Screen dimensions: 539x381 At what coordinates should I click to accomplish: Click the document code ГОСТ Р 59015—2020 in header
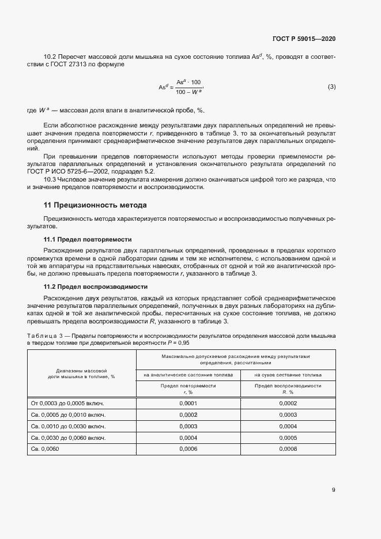303,39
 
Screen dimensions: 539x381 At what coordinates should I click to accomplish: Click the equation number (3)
331,87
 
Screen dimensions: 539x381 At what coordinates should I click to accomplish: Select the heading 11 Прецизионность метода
95,205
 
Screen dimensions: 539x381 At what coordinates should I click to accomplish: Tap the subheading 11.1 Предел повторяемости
88,239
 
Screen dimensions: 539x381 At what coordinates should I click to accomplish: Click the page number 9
334,490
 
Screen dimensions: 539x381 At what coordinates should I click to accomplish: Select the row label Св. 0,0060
44,448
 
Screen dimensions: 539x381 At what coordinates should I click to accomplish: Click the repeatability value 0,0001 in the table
188,404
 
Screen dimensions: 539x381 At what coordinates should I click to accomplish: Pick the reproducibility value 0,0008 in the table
288,448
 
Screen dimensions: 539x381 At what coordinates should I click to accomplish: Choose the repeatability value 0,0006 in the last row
188,448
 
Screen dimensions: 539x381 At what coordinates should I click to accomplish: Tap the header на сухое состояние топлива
288,375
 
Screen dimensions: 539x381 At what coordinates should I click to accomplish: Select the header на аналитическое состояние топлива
188,375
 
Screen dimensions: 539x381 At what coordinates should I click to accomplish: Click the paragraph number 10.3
50,180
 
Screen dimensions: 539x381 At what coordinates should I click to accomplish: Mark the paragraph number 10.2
50,56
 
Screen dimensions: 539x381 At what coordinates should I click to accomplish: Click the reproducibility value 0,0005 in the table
288,438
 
